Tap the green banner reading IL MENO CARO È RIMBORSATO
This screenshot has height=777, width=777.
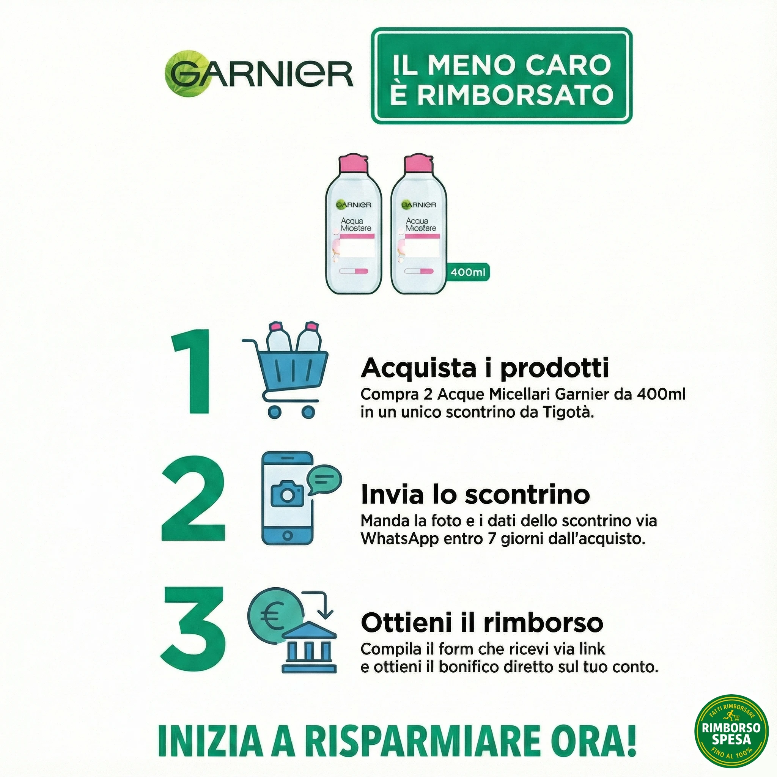[x=502, y=75]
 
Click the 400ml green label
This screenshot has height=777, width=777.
[x=468, y=272]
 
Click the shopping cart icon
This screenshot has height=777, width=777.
[x=286, y=370]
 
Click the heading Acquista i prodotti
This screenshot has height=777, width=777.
[x=484, y=368]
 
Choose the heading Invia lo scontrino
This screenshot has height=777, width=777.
[x=475, y=494]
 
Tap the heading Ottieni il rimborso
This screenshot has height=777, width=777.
[x=482, y=622]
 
